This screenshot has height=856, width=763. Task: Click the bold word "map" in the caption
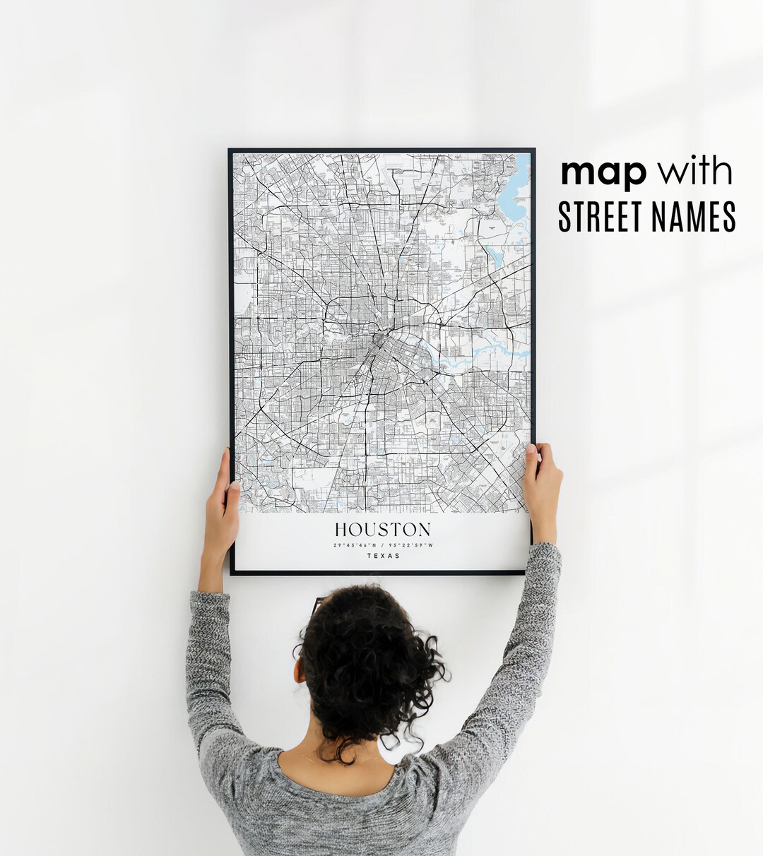click(603, 173)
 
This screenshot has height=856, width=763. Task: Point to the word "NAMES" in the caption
click(696, 217)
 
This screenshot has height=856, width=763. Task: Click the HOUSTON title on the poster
click(382, 530)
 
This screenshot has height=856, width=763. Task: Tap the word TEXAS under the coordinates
click(383, 556)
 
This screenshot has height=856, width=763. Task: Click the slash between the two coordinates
click(382, 545)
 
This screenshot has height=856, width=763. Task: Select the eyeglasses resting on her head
click(318, 605)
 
